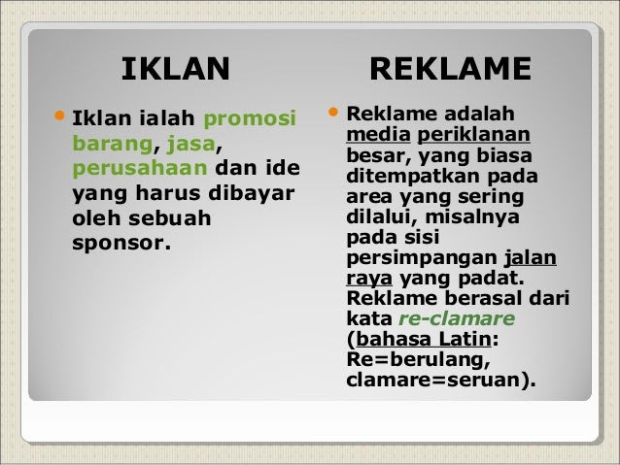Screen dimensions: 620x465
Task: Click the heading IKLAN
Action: pyautogui.click(x=176, y=69)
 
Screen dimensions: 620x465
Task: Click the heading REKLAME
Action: pyautogui.click(x=450, y=69)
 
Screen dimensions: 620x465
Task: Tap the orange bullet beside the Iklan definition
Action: pyautogui.click(x=59, y=116)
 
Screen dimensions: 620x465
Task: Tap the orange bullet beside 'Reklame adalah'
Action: pyautogui.click(x=333, y=112)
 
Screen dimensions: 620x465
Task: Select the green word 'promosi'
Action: pyautogui.click(x=250, y=118)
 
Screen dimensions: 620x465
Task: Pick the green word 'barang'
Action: pyautogui.click(x=113, y=145)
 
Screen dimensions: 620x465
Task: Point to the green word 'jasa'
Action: pyautogui.click(x=191, y=145)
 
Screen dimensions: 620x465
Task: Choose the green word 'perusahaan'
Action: pyautogui.click(x=140, y=169)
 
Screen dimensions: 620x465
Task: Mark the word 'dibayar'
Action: pyautogui.click(x=252, y=193)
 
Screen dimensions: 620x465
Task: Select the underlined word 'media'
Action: pyautogui.click(x=378, y=134)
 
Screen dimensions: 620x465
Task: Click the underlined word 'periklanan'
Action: pyautogui.click(x=473, y=135)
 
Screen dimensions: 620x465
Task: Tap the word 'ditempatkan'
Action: pyautogui.click(x=413, y=177)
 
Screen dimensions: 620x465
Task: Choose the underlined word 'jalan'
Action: pyautogui.click(x=531, y=258)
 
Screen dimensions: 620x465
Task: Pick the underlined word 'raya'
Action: pyautogui.click(x=369, y=279)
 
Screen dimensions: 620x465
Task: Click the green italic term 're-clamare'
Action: pyautogui.click(x=457, y=318)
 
